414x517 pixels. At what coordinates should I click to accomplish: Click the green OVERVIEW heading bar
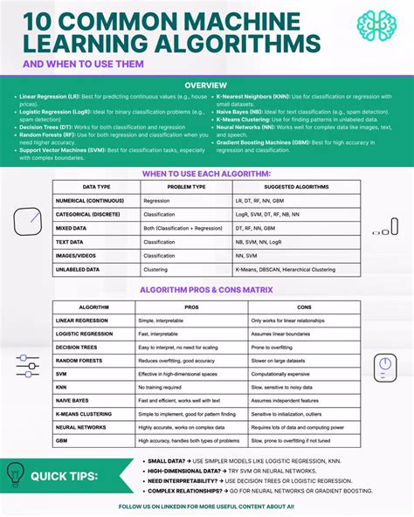206,85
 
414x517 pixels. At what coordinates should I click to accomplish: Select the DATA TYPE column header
96,187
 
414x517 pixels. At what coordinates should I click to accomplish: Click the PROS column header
191,307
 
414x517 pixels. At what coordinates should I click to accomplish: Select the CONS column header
304,307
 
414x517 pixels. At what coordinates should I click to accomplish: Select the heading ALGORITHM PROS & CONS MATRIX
206,289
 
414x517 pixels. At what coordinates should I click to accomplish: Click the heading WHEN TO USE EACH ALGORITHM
206,173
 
